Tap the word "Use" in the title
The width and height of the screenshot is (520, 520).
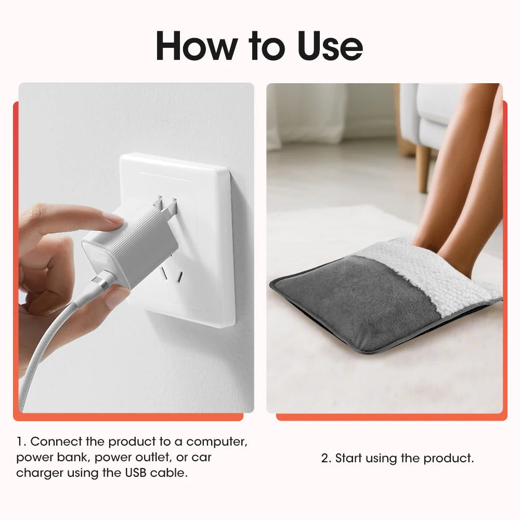click(330, 46)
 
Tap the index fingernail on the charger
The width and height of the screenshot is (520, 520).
click(112, 219)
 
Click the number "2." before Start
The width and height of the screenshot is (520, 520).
click(326, 459)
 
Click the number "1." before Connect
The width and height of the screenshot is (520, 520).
click(21, 442)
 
